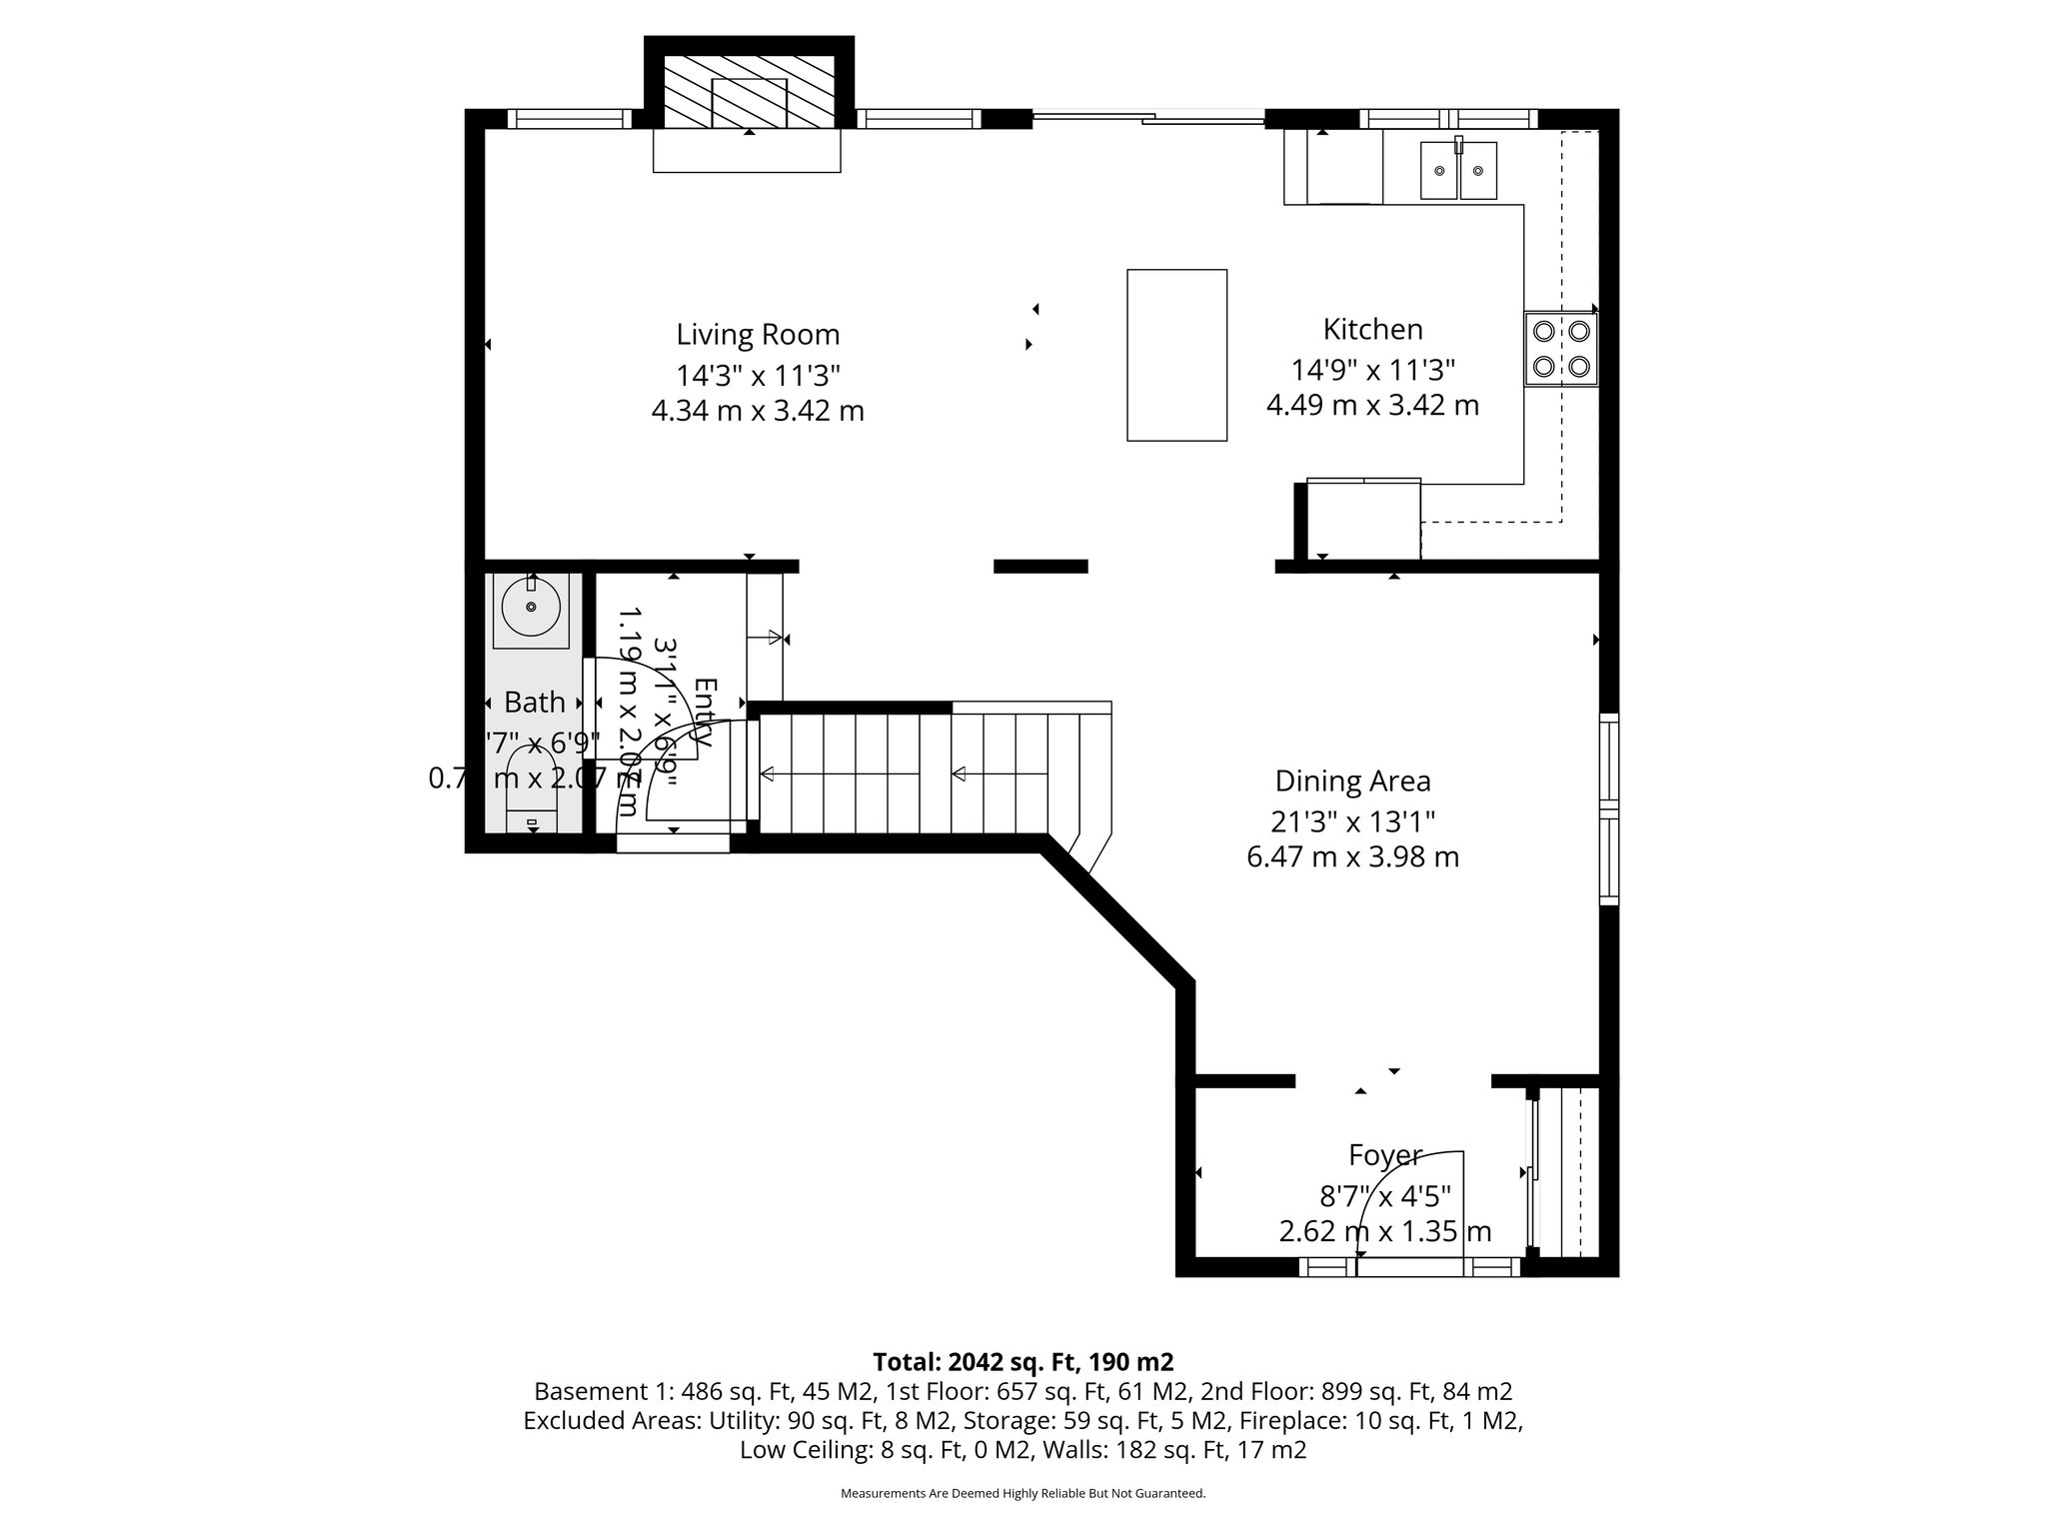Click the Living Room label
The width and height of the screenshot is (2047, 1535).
[758, 335]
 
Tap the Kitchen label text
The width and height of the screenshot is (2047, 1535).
[1372, 330]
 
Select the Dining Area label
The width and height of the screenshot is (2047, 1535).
[1352, 781]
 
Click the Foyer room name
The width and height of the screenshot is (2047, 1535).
[1384, 1155]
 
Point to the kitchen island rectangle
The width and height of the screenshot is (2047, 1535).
[1176, 355]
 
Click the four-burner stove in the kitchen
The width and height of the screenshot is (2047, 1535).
[1560, 349]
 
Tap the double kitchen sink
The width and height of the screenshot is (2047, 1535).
[1458, 171]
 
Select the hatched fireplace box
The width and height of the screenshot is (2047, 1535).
[750, 90]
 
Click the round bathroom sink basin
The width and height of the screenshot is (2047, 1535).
[531, 607]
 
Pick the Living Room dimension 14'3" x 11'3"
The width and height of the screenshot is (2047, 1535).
[758, 376]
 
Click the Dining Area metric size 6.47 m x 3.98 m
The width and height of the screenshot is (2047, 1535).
[1352, 857]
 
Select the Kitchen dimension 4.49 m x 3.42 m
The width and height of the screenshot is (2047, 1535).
[1372, 406]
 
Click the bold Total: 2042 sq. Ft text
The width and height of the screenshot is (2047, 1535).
[1023, 1362]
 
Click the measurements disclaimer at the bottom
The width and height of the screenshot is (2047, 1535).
[1023, 1494]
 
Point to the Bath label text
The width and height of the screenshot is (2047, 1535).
[535, 704]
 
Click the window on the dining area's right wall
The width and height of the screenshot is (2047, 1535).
[1608, 809]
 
